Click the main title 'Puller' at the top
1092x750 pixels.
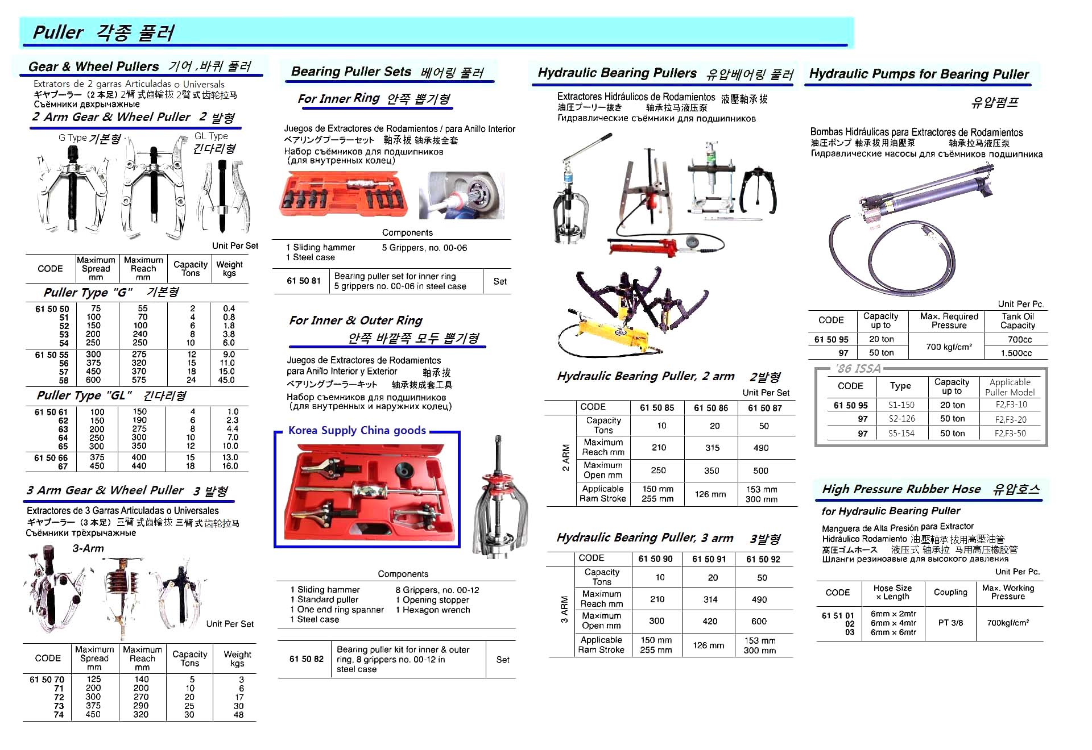58,32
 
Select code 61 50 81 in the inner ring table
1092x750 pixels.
304,281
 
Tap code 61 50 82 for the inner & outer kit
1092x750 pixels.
306,659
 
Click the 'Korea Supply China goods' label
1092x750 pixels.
357,431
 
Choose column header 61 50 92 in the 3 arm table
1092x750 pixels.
763,559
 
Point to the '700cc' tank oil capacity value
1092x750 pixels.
1019,340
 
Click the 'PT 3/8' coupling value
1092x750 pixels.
950,623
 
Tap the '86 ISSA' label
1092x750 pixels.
859,369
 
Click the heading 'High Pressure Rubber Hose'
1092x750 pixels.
901,489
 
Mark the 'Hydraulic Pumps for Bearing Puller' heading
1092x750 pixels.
919,74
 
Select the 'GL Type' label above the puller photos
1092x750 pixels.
211,136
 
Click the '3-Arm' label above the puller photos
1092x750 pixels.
88,549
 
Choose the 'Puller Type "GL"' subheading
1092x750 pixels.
84,395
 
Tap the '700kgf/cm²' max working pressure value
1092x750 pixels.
1008,623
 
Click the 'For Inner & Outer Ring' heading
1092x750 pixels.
355,320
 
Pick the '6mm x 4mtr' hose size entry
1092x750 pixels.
893,623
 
